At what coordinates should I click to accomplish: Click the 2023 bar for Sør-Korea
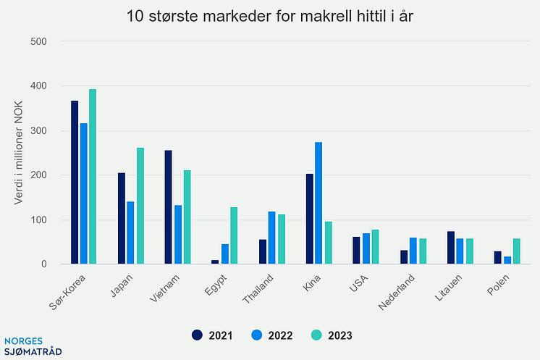coord(93,177)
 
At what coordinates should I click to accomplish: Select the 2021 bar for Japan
coord(122,219)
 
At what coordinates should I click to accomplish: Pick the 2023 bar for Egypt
coord(234,236)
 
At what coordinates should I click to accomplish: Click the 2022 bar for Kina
coord(318,204)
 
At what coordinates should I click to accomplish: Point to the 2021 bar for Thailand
coord(262,252)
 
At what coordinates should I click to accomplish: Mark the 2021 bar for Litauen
coord(450,248)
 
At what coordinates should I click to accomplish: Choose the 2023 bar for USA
coord(375,247)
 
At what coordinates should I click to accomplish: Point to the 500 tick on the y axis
coord(39,41)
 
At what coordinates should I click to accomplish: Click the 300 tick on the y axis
coord(39,131)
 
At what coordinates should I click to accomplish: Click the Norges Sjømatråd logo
coord(33,345)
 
